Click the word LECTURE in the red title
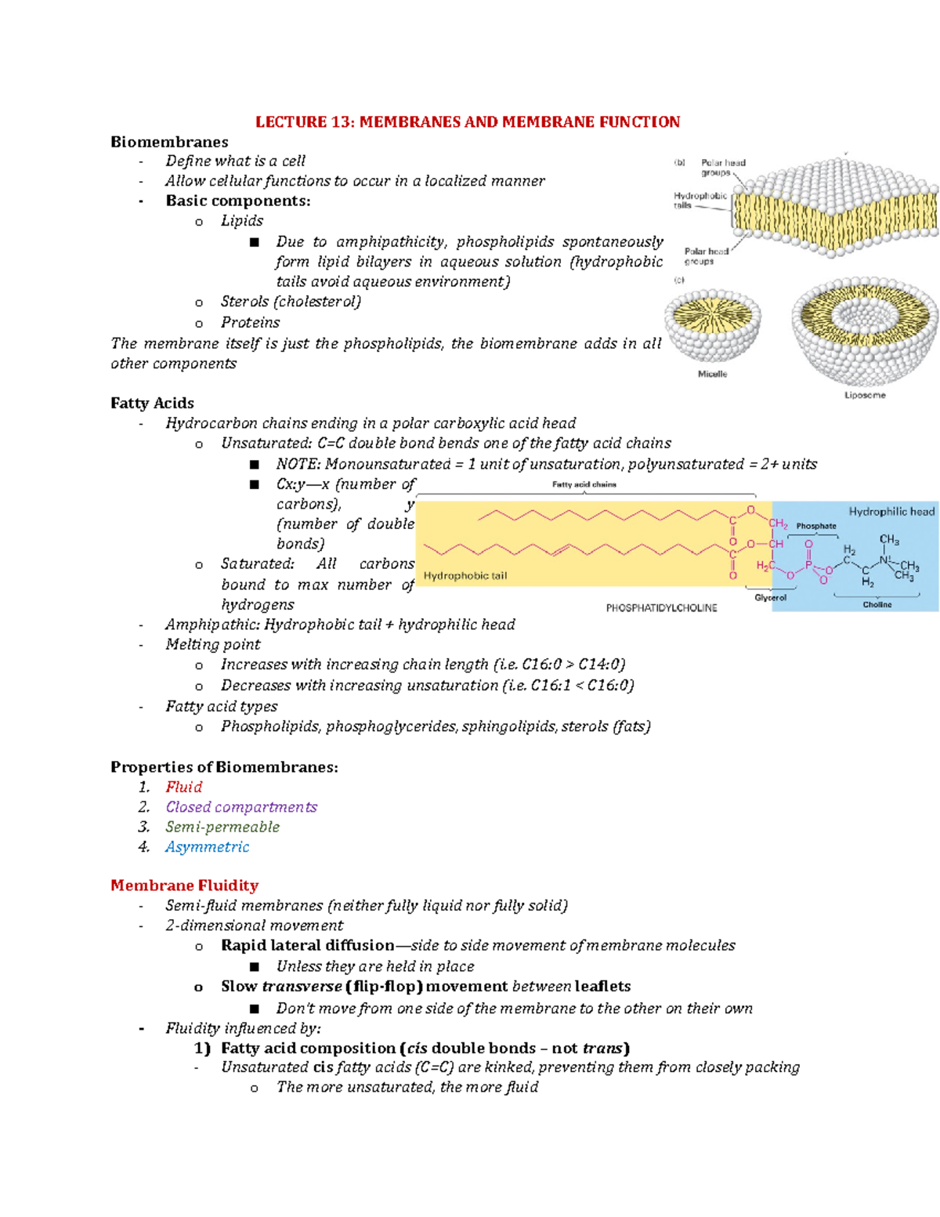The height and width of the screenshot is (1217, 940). pos(291,122)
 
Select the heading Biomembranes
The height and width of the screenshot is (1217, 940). pos(169,142)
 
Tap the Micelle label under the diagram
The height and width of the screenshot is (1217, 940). pos(712,374)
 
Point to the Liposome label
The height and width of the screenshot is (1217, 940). pos(865,395)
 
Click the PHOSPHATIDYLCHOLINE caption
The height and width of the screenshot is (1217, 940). pos(661,607)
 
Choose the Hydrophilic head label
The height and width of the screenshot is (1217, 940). pos(891,512)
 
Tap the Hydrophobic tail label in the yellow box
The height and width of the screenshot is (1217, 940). pos(465,575)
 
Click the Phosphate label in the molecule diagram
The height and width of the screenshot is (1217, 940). pos(816,526)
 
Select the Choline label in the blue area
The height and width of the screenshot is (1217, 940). pos(877,604)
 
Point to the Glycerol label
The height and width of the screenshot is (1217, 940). pos(771,597)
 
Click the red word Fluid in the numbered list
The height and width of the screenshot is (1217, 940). pos(184,787)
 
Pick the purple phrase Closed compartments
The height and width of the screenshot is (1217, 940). pos(241,807)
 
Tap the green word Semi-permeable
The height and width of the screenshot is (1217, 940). pos(222,827)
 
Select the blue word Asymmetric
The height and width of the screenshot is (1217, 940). pos(207,847)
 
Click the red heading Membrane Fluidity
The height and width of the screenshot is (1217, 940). pos(184,886)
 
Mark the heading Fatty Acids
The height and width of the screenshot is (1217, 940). pos(152,403)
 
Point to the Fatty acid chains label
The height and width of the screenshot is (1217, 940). pos(584,484)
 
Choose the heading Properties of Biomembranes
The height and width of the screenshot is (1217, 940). pos(224,767)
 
